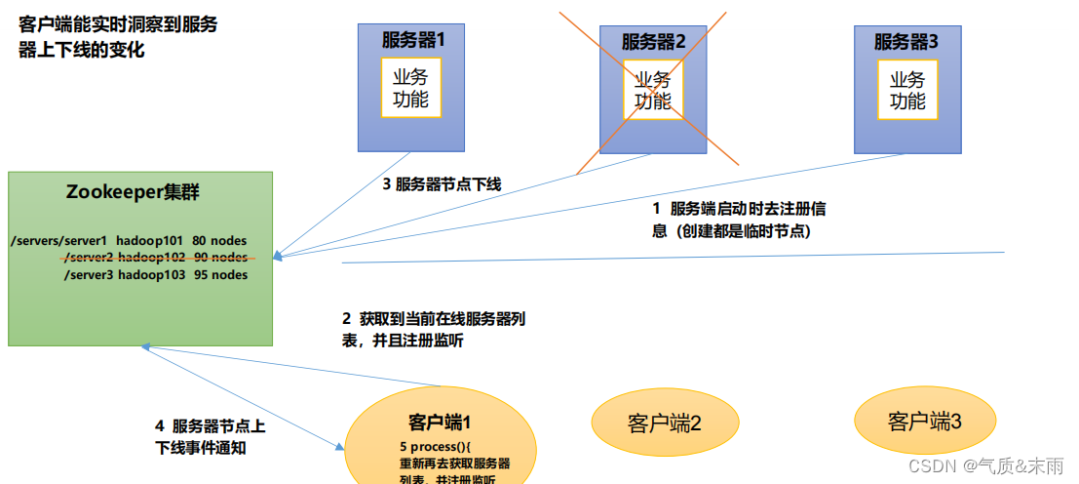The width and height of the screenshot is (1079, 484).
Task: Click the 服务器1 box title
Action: (x=412, y=41)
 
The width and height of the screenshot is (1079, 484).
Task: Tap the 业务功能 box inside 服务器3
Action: (x=907, y=89)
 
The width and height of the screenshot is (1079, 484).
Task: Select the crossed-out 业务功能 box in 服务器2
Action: (x=653, y=90)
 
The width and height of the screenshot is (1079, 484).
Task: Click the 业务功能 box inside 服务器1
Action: (x=410, y=89)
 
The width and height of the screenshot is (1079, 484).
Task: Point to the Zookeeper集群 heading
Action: (x=133, y=192)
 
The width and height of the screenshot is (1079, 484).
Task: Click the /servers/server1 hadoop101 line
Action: (x=127, y=240)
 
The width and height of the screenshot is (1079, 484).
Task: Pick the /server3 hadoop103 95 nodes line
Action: (x=156, y=275)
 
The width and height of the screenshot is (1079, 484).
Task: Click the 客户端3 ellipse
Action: (x=925, y=422)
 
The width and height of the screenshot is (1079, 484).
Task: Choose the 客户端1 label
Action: (x=440, y=423)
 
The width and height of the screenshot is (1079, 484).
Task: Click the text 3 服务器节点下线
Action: (x=442, y=183)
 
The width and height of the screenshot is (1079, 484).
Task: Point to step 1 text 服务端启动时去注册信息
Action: (x=739, y=220)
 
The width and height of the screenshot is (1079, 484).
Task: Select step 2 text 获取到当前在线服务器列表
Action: (x=435, y=329)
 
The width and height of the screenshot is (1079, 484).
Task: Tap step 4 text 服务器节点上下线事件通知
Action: (x=209, y=436)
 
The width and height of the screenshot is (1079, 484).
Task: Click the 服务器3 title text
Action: (x=906, y=42)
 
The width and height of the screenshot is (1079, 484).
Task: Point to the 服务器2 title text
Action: (x=654, y=42)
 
